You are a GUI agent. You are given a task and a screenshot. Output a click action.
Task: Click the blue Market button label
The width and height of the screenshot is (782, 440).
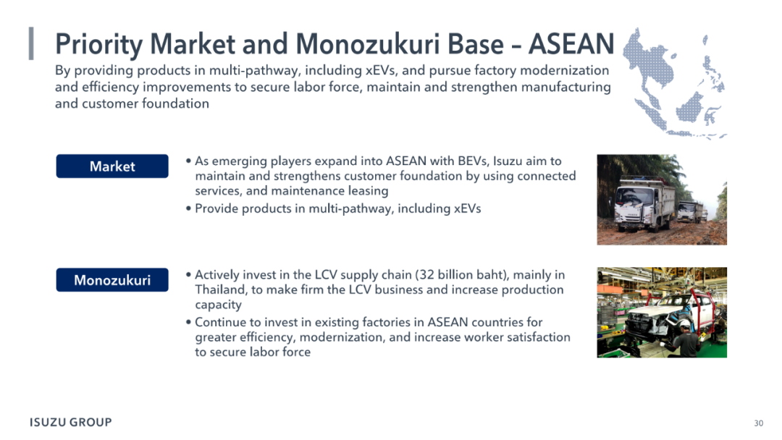[112, 166]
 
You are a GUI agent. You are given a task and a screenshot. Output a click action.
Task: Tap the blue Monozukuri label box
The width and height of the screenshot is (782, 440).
[112, 279]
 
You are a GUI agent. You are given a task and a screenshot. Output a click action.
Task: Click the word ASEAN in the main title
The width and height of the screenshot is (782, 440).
[571, 44]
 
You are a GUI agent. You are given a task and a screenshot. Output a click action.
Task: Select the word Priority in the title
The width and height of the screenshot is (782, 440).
[98, 45]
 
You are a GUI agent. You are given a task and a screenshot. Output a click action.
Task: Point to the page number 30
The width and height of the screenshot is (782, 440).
[759, 423]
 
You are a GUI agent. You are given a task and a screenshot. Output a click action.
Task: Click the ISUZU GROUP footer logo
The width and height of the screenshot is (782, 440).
[71, 422]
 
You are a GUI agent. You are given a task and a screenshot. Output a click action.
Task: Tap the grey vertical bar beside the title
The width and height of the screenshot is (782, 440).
[31, 44]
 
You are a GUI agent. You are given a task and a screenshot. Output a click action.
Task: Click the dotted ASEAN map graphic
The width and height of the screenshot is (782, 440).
[674, 82]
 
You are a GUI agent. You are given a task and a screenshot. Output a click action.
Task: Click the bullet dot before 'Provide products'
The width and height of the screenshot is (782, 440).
[188, 208]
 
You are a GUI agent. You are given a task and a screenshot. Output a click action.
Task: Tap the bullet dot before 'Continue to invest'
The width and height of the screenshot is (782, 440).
[188, 322]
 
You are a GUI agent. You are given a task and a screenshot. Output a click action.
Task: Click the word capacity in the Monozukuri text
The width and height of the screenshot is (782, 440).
[219, 305]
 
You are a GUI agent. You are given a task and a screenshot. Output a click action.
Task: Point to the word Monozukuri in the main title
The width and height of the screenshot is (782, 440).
[369, 44]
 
